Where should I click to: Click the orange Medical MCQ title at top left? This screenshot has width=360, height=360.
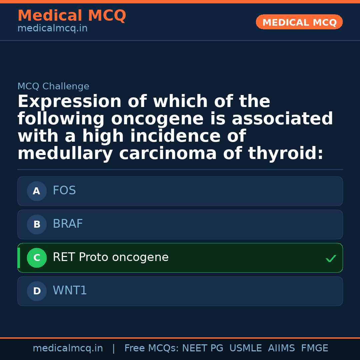(x=72, y=16)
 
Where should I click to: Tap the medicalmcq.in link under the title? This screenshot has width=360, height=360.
(x=52, y=29)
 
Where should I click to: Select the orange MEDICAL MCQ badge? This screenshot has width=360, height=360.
(x=299, y=22)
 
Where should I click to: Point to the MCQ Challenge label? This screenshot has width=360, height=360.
(x=53, y=87)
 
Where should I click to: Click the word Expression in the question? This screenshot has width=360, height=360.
(x=69, y=102)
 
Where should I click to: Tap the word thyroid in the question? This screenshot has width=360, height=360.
(x=285, y=154)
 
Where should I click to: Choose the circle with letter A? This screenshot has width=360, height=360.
(x=37, y=191)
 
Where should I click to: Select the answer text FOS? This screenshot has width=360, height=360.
(x=64, y=191)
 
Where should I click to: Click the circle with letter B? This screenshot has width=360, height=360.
(x=37, y=225)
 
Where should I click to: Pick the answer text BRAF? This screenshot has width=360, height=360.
(x=68, y=224)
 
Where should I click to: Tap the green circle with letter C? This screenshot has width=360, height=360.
(x=37, y=258)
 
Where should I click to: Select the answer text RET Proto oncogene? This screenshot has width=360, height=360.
(x=111, y=258)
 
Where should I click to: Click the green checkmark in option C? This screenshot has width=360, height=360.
(x=331, y=258)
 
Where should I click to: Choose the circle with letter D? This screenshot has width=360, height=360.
(x=37, y=291)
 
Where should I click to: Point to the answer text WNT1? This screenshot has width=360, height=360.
(x=70, y=291)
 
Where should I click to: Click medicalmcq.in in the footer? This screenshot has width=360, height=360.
(x=68, y=349)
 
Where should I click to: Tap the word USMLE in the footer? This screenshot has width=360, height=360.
(x=245, y=349)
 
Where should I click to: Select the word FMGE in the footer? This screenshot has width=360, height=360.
(x=314, y=349)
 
